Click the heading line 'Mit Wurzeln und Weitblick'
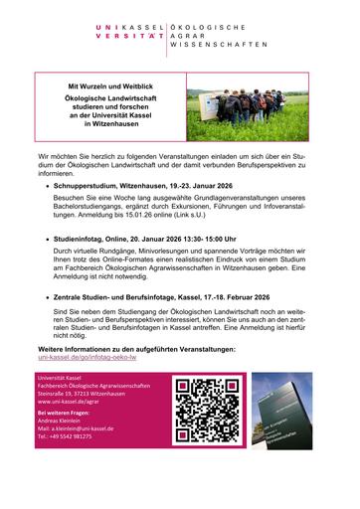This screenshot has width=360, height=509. click(112, 87)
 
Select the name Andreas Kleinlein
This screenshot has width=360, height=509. click(67, 445)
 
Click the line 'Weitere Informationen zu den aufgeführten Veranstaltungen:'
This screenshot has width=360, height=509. click(136, 378)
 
